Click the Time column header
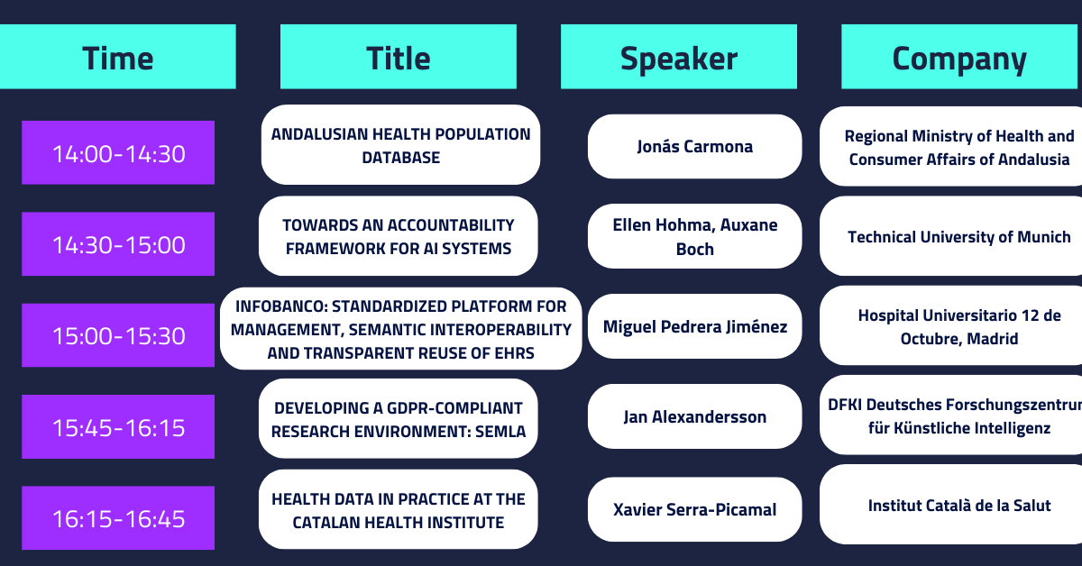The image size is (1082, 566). point(118,57)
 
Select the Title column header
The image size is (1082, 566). point(399,57)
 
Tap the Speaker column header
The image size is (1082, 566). point(679,57)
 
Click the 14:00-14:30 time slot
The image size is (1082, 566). point(118,152)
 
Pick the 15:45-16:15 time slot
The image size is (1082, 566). point(118,426)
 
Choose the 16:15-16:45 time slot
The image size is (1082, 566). point(118,517)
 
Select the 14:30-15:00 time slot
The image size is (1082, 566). point(118,244)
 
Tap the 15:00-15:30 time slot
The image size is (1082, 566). point(118,335)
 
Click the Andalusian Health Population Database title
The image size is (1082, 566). point(400,145)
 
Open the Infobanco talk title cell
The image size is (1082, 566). point(401,329)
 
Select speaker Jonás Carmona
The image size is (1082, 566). point(694,146)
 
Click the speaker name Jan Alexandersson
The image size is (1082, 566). point(694,416)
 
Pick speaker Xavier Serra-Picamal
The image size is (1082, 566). point(694,509)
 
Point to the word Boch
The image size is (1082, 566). point(694,249)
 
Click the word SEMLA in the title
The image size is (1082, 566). point(500,432)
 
